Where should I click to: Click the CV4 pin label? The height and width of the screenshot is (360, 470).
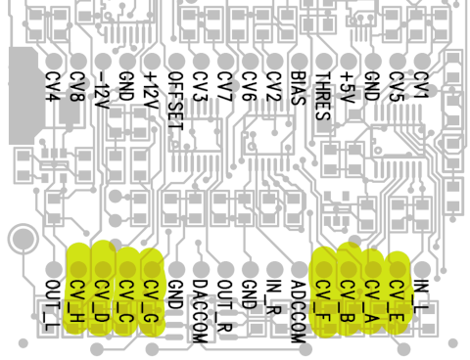pos(53,86)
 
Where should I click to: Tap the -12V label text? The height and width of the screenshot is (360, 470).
pos(102,90)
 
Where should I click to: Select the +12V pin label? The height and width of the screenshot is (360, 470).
pos(151,90)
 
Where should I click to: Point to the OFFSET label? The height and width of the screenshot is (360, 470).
pos(175,101)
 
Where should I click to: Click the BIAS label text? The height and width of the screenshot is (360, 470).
pos(298,88)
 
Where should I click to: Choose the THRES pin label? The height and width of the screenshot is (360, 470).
pos(323,96)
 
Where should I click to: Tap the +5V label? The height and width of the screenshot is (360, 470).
pos(348,87)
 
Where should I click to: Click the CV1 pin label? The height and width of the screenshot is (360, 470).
pos(421,84)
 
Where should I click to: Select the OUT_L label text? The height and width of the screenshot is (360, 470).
pos(53,305)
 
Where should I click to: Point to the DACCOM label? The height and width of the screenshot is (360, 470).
pos(200,312)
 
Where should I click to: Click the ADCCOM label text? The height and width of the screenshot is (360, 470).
pos(298,312)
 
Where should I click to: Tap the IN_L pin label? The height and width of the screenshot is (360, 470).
pos(421,296)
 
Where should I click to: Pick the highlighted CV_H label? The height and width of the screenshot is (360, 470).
pos(77,301)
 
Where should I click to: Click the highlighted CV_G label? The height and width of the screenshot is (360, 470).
pos(151,301)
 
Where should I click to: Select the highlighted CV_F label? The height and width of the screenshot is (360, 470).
pos(323,301)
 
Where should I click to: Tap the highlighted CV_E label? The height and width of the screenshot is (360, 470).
pos(397,301)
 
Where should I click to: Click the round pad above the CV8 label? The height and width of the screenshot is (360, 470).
pos(78,61)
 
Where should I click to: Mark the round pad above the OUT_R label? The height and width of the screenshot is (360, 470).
pos(225,269)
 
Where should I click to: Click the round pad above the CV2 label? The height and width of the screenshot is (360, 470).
pos(274,61)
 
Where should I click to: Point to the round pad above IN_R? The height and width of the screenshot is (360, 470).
pos(275,269)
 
